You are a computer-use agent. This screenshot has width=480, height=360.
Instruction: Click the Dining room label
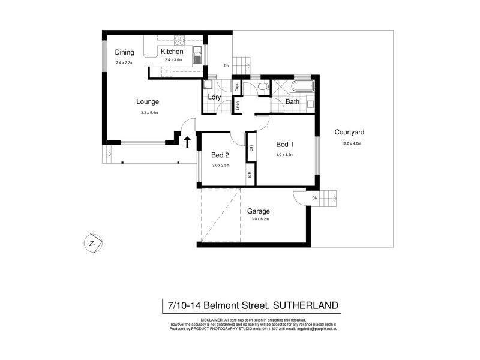pos(125,52)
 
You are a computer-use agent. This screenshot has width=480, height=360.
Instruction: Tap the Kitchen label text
pos(172,52)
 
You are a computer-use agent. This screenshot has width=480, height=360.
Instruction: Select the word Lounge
pos(148,102)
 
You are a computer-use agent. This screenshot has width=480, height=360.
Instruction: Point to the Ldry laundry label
pos(214,97)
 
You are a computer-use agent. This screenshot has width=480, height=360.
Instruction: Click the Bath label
pos(292,101)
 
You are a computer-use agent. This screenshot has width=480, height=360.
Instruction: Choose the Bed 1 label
pos(284,145)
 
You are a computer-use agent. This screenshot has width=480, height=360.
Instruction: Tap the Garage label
pos(259,211)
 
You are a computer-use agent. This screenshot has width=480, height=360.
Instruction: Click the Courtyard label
pos(350,133)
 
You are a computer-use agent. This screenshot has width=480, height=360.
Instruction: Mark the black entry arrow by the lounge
pos(187,142)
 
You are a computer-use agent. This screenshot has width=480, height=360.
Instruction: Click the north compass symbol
pos(92,243)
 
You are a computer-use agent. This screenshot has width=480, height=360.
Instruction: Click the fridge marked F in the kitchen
pos(166,71)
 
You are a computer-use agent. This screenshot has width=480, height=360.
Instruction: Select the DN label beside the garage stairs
pos(315,199)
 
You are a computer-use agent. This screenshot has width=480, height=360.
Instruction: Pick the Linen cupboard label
pos(238,106)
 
